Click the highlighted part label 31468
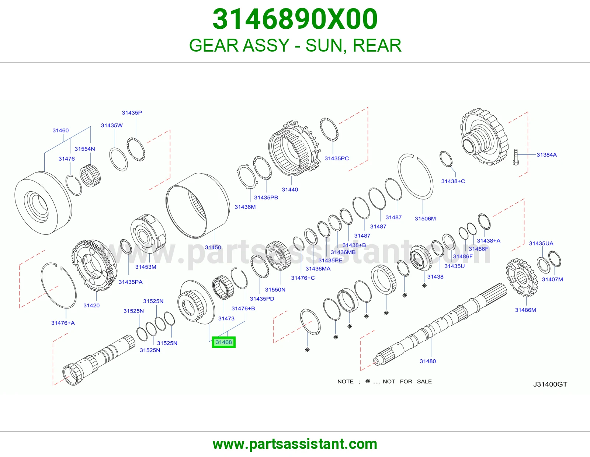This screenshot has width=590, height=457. coord(223,342)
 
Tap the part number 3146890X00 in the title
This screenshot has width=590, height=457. coord(295,19)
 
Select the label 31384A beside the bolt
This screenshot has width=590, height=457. coord(546,155)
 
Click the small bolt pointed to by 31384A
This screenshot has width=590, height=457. coord(516,157)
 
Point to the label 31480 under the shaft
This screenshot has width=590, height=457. coord(428,361)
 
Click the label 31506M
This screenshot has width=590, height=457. coord(425,219)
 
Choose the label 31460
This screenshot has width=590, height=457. coord(60,130)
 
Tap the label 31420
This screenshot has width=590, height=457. coord(91,305)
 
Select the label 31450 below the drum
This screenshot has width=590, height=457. coord(213,247)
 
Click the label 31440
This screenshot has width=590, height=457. coord(290,189)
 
